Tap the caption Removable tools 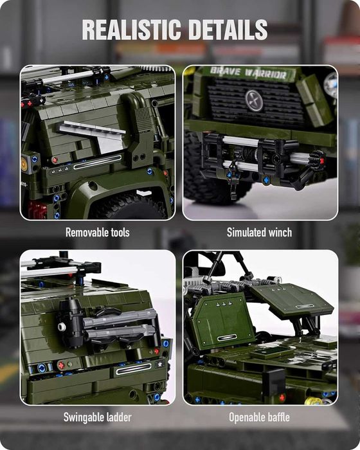click(97, 232)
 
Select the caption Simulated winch click(259, 232)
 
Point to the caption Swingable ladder click(97, 417)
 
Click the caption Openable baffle click(259, 417)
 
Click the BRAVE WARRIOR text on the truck click(249, 74)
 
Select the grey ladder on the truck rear click(119, 325)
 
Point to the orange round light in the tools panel click(24, 163)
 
